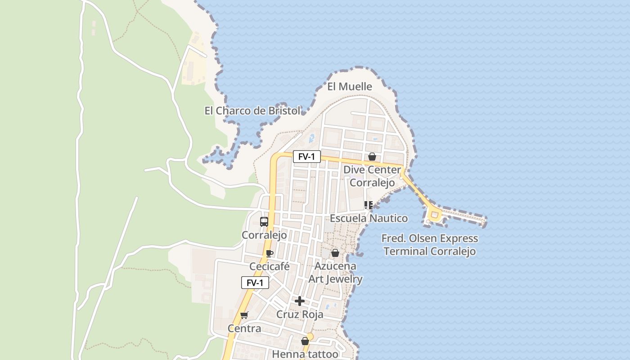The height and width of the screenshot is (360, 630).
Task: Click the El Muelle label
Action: point(350,86)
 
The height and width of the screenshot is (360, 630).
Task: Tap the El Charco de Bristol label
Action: point(252,111)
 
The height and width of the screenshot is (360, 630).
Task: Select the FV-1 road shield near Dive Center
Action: point(307,157)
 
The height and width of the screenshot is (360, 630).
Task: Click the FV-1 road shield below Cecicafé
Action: point(255,283)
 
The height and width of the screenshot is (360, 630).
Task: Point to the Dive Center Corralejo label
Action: point(372,176)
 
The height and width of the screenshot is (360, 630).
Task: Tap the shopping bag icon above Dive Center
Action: point(372,157)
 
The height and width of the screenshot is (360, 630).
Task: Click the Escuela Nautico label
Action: point(369,218)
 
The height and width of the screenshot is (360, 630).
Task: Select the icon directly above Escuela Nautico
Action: point(369,206)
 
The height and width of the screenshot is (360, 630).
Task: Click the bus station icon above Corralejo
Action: point(264,222)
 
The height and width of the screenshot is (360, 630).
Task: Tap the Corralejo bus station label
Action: point(264,235)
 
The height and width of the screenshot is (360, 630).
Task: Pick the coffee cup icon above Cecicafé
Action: point(270,253)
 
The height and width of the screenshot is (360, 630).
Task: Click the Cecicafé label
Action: point(270,266)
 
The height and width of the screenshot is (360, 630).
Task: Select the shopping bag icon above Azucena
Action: point(335,253)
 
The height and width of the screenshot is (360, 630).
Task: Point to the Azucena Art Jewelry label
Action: point(336,272)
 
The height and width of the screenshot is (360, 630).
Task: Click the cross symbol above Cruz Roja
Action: point(300,301)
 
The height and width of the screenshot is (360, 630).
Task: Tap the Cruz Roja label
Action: point(300,314)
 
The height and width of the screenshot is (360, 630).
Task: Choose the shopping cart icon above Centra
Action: point(244,315)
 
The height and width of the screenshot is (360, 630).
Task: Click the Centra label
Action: point(244,328)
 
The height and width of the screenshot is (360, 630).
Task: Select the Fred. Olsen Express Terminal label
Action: point(430,245)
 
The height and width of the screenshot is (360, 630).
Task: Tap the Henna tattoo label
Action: point(305,354)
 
